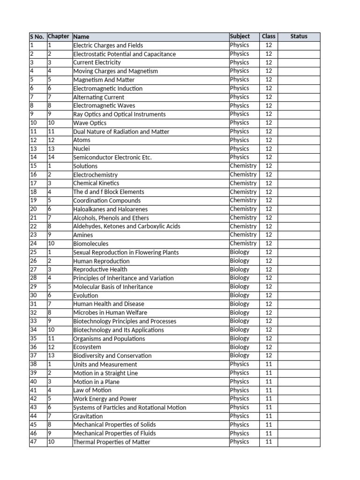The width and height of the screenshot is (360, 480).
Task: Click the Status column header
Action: tap(299, 37)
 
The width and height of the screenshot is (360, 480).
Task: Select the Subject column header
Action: tap(240, 37)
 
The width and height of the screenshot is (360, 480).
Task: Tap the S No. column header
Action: tap(37, 37)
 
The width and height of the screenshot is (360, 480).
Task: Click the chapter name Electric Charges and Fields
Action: tap(108, 45)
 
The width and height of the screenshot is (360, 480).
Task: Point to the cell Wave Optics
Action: tap(90, 123)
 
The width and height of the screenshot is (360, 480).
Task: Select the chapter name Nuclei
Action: tap(82, 149)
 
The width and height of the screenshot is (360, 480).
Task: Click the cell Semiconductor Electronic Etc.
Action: tap(112, 157)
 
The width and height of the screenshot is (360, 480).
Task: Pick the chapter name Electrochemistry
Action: tap(95, 175)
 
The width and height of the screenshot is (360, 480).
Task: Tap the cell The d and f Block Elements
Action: tap(108, 192)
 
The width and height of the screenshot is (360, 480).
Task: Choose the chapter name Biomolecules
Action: tap(90, 244)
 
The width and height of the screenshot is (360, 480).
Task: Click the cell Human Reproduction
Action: tap(101, 261)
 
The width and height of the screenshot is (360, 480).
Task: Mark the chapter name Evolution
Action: tap(85, 296)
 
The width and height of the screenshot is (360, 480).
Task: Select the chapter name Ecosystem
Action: tap(87, 347)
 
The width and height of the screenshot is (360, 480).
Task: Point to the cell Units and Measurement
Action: tap(105, 365)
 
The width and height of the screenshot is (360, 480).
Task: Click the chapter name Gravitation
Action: tap(88, 416)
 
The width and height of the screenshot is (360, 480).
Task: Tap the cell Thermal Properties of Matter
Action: tap(112, 442)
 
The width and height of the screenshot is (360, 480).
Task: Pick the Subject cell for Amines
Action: tap(243, 235)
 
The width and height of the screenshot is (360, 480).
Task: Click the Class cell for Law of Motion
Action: tap(269, 390)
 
